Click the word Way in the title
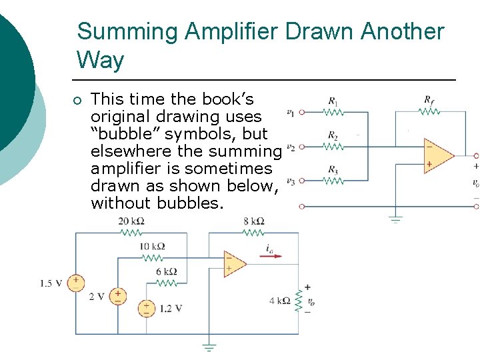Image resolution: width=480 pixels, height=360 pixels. (x=100, y=61)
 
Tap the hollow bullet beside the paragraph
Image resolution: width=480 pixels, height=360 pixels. (x=77, y=101)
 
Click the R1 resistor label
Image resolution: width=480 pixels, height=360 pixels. (x=333, y=102)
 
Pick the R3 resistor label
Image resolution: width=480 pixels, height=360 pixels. (x=333, y=169)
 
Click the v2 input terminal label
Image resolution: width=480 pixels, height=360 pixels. (x=290, y=147)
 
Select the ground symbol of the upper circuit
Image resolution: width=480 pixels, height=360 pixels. (x=396, y=217)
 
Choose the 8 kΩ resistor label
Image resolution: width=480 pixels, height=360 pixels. (x=254, y=222)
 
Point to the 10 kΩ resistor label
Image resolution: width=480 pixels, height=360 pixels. (x=152, y=247)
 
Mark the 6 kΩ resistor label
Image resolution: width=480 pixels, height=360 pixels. (x=166, y=271)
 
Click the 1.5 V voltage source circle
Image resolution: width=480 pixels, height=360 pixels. (x=76, y=283)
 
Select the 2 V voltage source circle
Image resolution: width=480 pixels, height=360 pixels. (x=117, y=295)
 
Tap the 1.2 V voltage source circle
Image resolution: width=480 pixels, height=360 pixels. (x=146, y=308)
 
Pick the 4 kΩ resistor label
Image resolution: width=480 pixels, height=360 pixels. (x=279, y=301)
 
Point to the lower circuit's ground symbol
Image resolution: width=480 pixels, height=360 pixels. (x=209, y=347)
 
